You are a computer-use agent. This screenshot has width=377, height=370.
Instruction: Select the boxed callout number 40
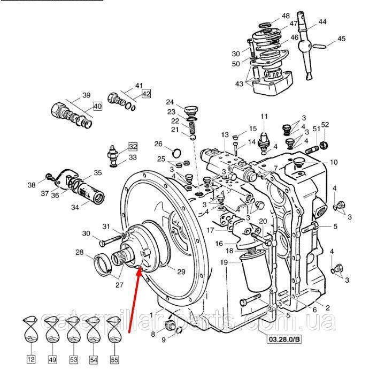[97, 105]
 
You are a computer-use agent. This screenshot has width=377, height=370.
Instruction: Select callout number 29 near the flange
[181, 272]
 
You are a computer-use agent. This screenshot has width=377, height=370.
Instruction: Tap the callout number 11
[263, 117]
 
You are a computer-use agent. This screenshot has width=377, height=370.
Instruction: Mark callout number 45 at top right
[341, 39]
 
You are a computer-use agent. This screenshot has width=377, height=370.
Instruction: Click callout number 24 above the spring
[170, 102]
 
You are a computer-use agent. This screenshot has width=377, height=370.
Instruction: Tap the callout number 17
[211, 231]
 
